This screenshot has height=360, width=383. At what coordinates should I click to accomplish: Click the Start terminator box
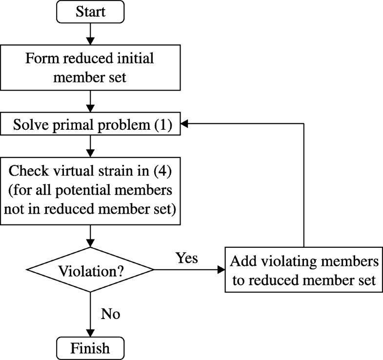(x=90, y=12)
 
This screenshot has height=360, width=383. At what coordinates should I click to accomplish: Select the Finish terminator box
(x=90, y=348)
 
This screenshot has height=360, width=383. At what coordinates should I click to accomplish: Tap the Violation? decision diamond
(x=90, y=270)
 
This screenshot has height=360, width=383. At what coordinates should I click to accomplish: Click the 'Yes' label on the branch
(x=186, y=258)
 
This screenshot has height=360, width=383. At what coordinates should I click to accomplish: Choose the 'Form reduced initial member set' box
(x=90, y=68)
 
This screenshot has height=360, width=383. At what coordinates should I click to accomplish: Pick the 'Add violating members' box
(x=304, y=270)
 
